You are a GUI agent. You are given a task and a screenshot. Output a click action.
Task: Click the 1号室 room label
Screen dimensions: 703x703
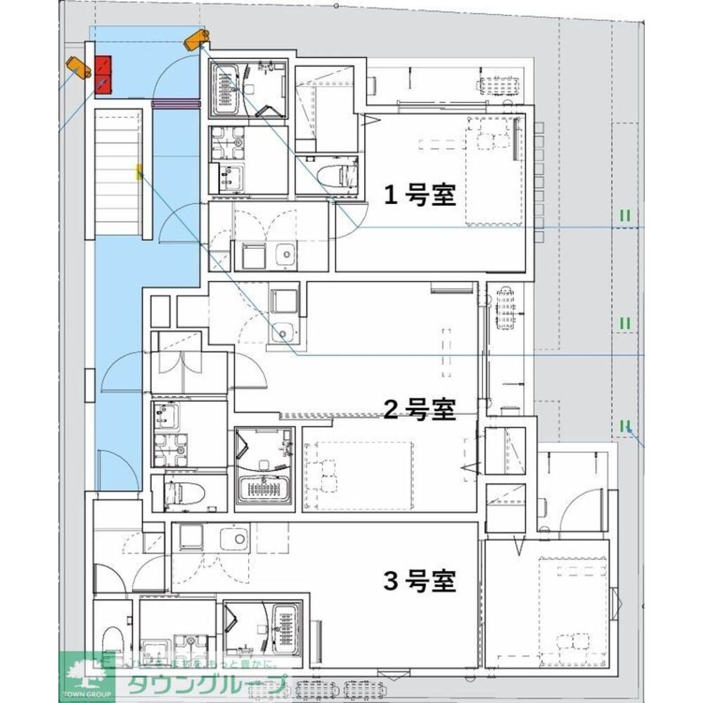click(419, 195)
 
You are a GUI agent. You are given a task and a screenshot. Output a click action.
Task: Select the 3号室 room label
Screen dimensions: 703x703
click(419, 581)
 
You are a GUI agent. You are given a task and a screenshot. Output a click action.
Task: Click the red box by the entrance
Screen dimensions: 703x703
click(104, 75)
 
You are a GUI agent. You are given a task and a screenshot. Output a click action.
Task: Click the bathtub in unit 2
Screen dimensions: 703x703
click(262, 487)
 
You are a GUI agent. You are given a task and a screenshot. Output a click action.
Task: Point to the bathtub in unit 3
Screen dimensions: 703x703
click(286, 628)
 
